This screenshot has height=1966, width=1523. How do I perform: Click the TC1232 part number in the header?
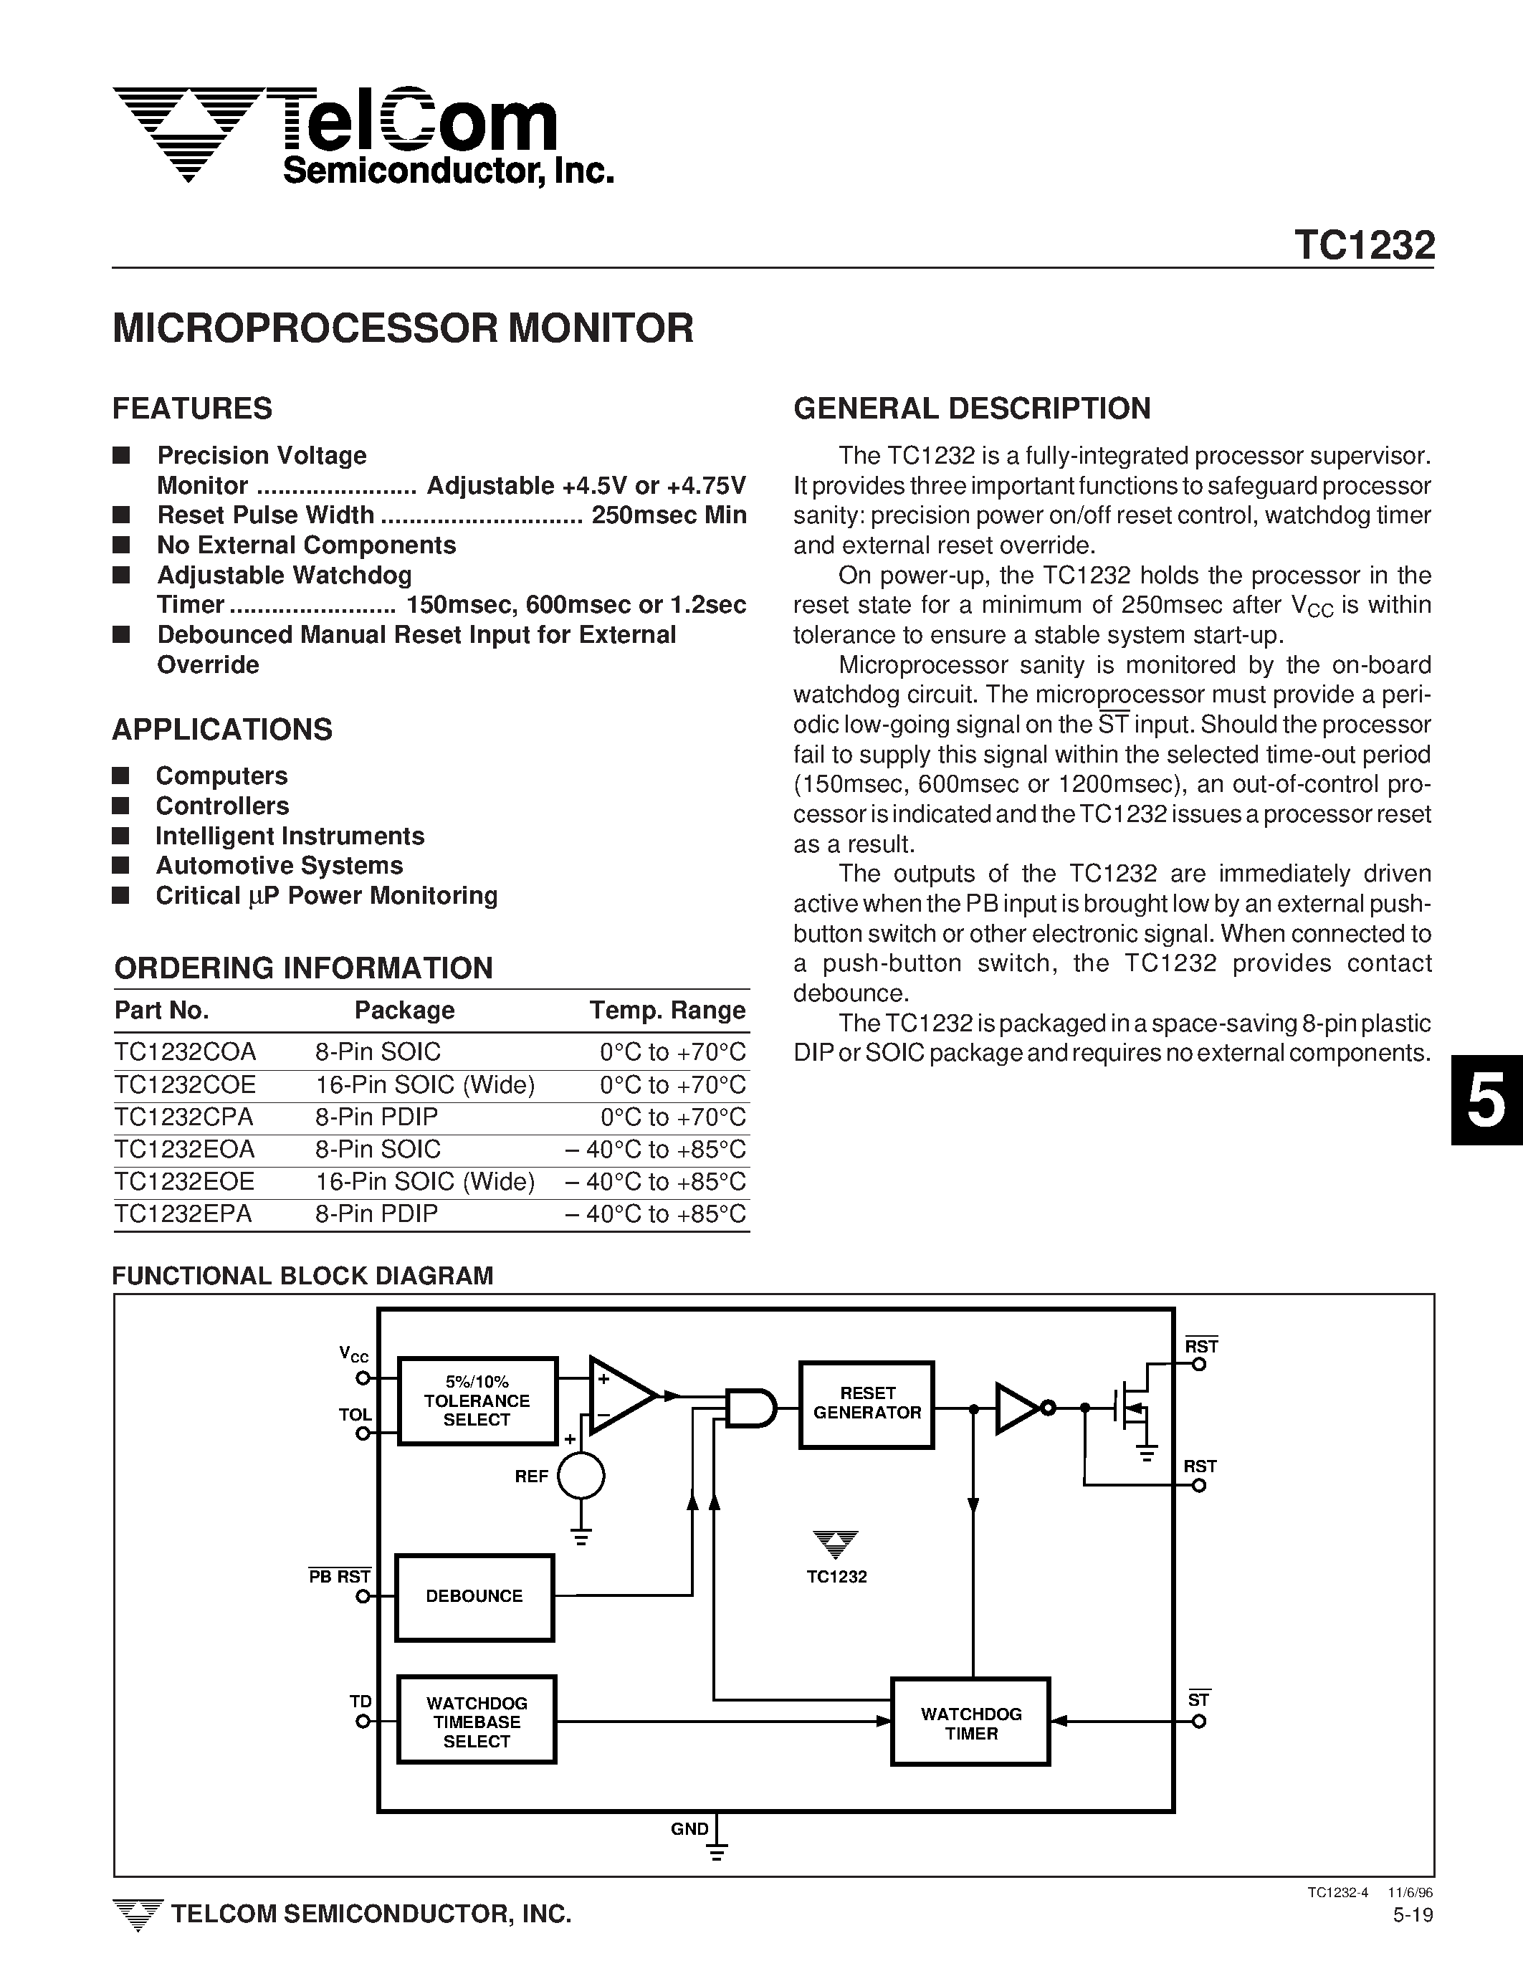click(x=1364, y=245)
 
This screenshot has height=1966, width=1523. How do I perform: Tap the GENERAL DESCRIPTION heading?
click(x=971, y=408)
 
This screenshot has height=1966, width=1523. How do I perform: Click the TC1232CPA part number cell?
click(x=183, y=1117)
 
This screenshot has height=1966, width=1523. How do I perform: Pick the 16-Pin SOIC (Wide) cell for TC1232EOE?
click(x=425, y=1182)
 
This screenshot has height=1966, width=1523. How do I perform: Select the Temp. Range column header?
click(x=667, y=1010)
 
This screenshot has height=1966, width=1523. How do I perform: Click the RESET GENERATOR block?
click(x=866, y=1404)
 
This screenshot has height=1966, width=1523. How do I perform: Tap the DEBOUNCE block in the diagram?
click(x=474, y=1596)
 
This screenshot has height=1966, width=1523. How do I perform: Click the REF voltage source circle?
click(x=581, y=1476)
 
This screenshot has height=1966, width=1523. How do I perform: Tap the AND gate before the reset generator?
click(x=750, y=1407)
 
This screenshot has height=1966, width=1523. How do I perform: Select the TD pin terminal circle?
click(x=363, y=1721)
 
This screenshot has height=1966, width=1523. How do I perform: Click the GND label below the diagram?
click(x=689, y=1829)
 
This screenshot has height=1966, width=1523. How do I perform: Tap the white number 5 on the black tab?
click(x=1485, y=1100)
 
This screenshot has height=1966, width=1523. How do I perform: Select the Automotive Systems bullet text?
click(x=279, y=865)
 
